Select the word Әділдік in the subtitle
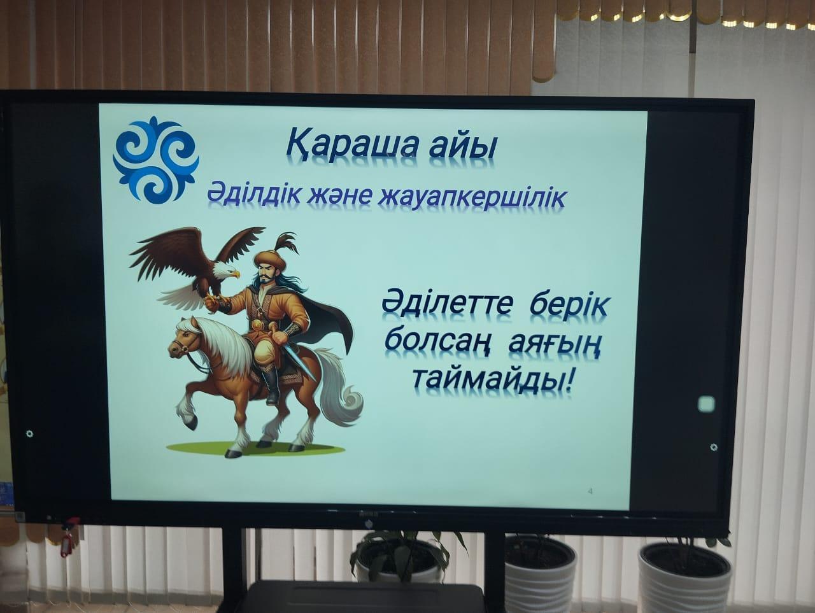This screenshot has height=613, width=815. (x=250, y=194)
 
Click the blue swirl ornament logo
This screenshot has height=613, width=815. (x=156, y=159)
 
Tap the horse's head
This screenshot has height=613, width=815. (x=185, y=338)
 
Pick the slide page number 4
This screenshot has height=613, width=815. (x=590, y=491)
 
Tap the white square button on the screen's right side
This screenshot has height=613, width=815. (x=707, y=404)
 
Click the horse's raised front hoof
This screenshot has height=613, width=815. (x=190, y=421)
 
